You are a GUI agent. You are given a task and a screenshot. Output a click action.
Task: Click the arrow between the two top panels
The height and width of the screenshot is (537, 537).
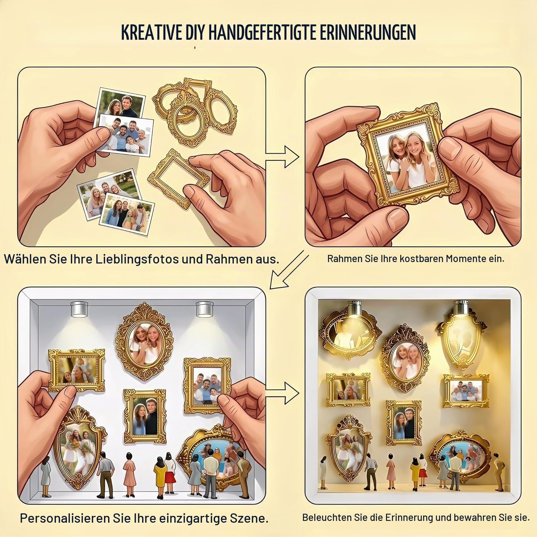tap(283, 156)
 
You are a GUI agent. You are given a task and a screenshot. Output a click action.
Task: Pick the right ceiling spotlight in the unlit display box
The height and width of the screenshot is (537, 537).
tap(205, 309)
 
